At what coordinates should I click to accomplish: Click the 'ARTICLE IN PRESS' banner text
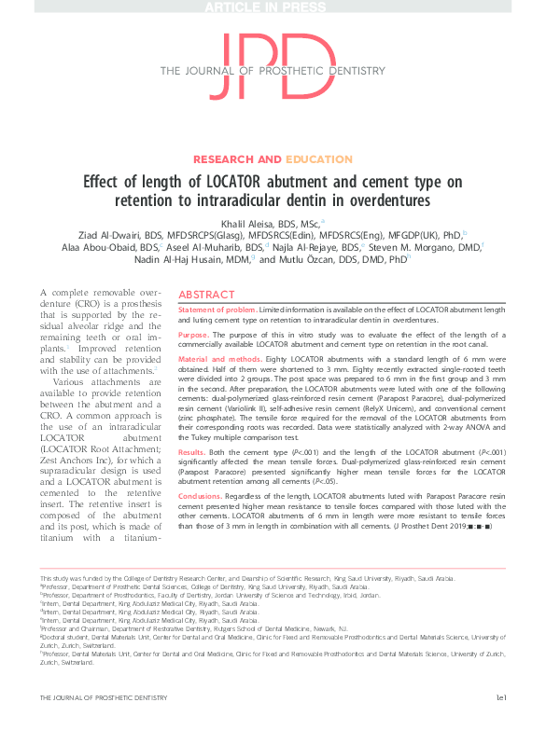point(273,7)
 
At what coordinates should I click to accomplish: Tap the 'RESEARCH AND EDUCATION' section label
point(273,159)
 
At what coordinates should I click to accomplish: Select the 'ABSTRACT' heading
point(206,293)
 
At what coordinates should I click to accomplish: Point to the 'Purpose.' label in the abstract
point(194,335)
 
